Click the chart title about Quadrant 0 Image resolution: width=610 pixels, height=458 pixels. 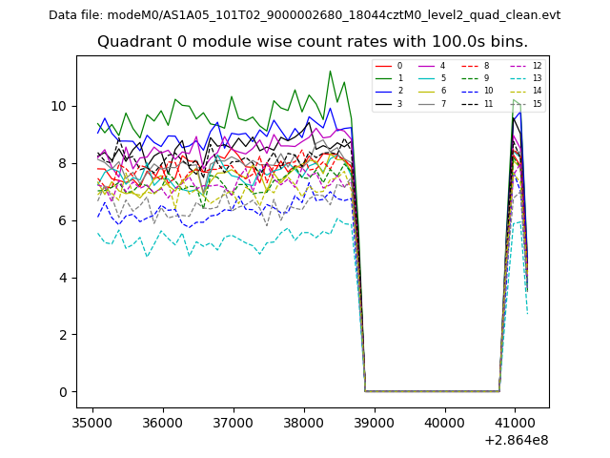[x=312, y=42]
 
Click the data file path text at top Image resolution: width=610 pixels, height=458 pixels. [x=304, y=15]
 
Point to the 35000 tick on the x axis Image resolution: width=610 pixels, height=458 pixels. [x=91, y=421]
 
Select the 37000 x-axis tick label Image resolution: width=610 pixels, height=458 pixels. [x=233, y=421]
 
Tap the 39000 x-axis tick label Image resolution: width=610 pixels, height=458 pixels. [x=374, y=421]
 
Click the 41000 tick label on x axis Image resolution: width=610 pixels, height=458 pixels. [x=515, y=421]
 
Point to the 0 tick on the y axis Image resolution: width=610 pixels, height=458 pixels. [x=63, y=392]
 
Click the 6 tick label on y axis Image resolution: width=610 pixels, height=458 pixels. [x=63, y=220]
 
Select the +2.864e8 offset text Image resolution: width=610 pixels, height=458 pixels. [x=516, y=440]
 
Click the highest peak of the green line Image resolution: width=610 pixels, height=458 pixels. [x=331, y=71]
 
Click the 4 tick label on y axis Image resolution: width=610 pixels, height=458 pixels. [x=63, y=278]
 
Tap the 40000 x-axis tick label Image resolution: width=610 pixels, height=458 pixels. [x=444, y=421]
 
